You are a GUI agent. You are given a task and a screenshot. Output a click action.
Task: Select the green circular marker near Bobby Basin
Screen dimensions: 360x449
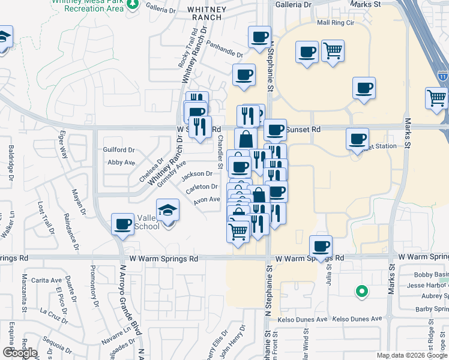tap(361, 292)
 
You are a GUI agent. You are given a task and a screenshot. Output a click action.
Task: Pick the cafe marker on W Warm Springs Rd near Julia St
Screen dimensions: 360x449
tap(321, 246)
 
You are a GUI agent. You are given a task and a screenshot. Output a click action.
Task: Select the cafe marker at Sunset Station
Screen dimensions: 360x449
tap(357, 139)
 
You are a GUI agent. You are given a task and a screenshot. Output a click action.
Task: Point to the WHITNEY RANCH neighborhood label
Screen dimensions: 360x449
tap(206, 13)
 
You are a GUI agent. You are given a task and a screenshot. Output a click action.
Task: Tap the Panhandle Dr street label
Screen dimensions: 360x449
tap(223, 49)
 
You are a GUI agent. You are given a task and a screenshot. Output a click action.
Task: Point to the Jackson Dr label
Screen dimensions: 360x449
tap(197, 174)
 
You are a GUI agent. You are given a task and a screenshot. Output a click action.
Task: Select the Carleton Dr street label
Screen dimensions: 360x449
tap(201, 187)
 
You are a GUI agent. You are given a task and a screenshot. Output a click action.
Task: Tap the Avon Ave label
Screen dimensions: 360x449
tap(207, 200)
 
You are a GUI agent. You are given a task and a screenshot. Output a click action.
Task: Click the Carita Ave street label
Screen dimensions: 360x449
tap(47, 280)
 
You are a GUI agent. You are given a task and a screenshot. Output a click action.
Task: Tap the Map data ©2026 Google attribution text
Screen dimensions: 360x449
tap(412, 355)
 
